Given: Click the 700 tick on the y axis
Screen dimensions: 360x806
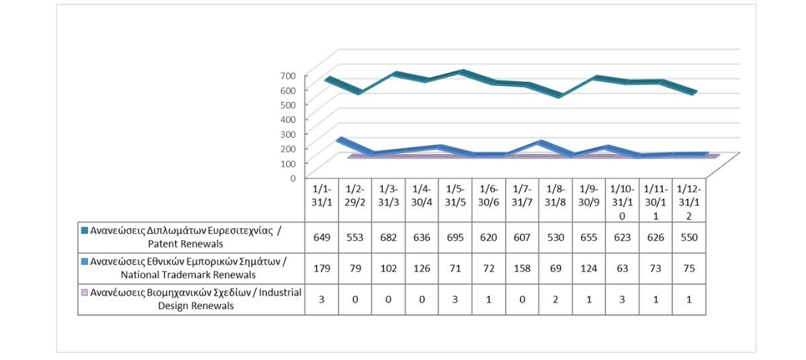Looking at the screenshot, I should [287, 75].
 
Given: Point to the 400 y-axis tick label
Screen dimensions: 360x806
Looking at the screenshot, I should [287, 119].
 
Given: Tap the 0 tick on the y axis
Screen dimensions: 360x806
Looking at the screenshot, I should [292, 178].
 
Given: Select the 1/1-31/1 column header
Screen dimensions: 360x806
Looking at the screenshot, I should [321, 198].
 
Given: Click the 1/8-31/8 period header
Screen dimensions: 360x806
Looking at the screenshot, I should [555, 198].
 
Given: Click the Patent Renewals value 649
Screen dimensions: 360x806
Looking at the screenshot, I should [321, 237].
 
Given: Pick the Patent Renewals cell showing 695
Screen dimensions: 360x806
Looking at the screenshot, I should [455, 237].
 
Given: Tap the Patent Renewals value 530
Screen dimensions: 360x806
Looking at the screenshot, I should [555, 237].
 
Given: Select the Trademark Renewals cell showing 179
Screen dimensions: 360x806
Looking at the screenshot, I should [321, 268].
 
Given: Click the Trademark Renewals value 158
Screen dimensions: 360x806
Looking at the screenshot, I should [522, 268].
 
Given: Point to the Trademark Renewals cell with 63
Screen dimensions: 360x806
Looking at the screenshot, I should [622, 268].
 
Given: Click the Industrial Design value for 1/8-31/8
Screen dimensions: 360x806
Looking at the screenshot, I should [555, 299].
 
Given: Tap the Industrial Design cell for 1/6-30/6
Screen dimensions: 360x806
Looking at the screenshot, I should [488, 299].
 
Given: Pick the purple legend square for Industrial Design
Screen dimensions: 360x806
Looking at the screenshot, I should [85, 293].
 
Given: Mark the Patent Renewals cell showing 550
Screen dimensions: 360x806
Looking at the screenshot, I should [689, 237].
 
